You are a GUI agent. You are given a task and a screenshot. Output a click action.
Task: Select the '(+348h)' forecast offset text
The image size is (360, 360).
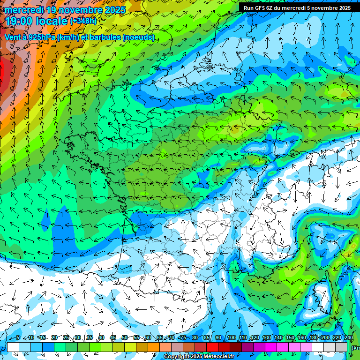point(84,21)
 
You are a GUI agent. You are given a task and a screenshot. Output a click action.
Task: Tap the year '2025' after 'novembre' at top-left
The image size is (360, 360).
point(115,10)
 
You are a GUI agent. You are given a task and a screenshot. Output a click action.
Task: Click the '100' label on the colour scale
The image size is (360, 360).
point(232,338)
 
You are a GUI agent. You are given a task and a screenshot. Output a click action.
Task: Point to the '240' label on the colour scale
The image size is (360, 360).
point(349,338)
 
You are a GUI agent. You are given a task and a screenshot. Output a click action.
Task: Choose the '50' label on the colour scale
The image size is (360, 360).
point(125,338)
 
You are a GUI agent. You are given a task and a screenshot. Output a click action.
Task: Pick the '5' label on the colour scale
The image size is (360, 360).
point(18,338)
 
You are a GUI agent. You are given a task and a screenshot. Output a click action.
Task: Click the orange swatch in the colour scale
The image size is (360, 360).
point(154,347)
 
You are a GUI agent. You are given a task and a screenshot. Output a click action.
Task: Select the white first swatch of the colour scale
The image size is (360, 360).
point(13,347)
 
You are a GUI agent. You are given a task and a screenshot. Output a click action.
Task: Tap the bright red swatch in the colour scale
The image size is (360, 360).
point(212,347)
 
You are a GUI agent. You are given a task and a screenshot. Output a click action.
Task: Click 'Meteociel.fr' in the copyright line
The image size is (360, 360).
point(219,357)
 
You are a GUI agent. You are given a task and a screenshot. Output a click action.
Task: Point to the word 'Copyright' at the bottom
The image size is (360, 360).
point(177,357)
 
